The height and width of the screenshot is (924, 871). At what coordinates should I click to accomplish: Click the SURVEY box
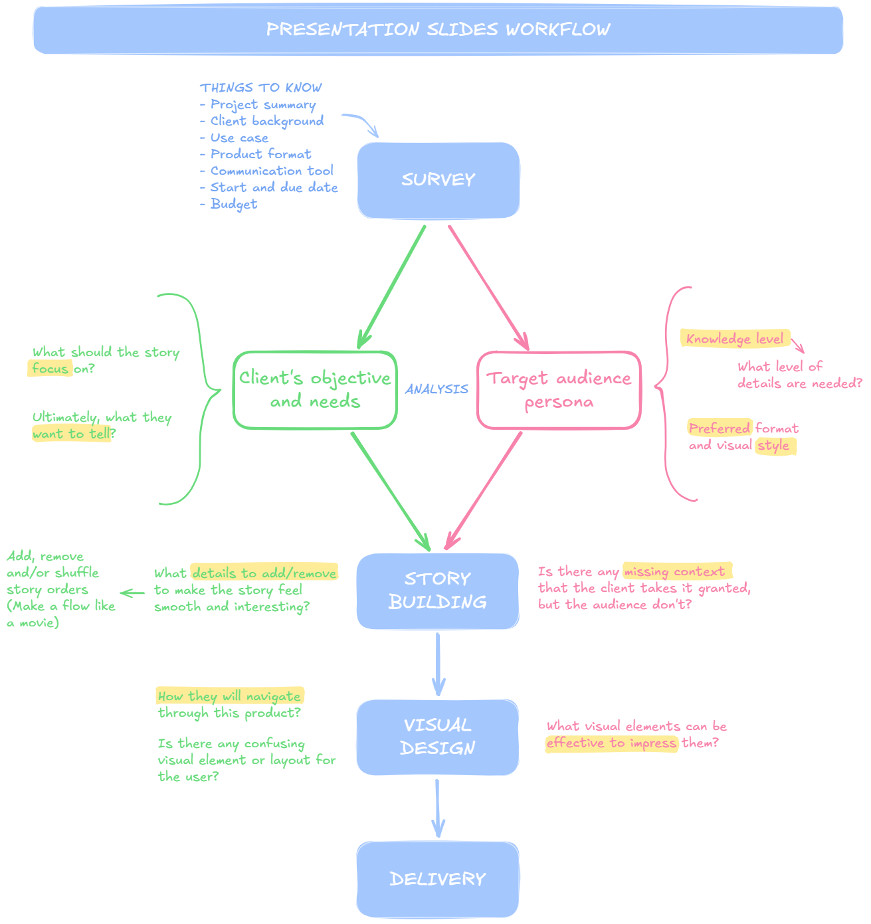438,180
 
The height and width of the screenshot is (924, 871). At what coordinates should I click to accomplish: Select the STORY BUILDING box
437,591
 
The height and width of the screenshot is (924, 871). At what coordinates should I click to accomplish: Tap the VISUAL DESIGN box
437,737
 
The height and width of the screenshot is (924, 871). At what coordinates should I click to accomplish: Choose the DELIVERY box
437,879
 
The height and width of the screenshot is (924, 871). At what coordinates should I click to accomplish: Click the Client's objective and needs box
315,390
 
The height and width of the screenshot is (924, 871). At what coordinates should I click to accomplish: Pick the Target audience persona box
559,390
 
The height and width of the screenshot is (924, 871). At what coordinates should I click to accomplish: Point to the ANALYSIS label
436,389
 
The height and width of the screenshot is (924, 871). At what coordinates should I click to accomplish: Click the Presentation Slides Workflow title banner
438,30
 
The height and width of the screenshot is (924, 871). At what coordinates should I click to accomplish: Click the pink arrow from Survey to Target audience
488,286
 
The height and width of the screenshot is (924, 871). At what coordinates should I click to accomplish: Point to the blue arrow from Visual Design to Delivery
437,808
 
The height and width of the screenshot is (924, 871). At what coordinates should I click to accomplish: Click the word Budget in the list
233,204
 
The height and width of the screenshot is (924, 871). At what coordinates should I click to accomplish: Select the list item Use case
239,138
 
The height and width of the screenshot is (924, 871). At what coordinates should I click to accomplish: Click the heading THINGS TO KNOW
261,88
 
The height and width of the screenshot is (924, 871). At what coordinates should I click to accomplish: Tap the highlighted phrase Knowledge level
734,339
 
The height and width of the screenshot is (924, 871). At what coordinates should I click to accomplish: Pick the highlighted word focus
50,369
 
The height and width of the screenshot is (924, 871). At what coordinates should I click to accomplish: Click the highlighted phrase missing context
674,571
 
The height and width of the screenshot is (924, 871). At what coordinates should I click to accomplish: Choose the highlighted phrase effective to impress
611,743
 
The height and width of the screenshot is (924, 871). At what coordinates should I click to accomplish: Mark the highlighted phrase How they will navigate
229,696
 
